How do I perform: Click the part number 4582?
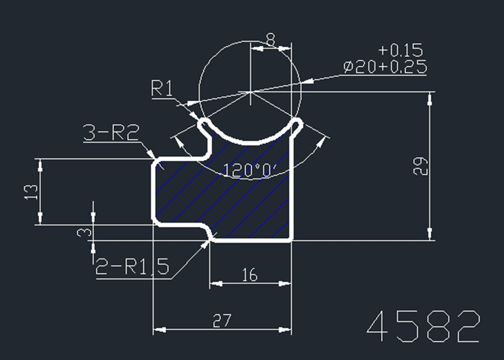[424, 327]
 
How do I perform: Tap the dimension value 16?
[250, 275]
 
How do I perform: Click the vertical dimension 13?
[31, 192]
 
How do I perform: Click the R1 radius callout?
[162, 89]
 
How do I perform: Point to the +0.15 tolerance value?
[401, 50]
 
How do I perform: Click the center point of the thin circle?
[249, 92]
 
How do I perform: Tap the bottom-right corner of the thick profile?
[292, 239]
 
